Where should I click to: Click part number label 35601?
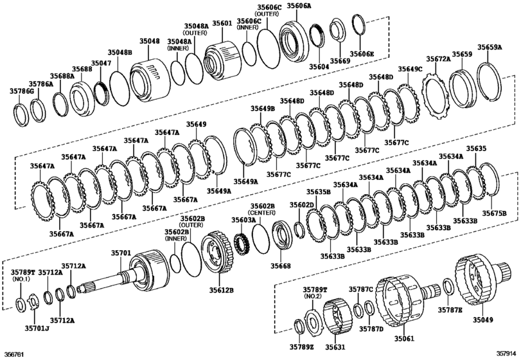[x=222, y=24]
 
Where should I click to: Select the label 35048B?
[x=119, y=52]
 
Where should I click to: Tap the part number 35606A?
[x=299, y=6]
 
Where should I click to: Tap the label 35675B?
[x=494, y=213]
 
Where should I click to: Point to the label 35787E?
[x=450, y=310]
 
